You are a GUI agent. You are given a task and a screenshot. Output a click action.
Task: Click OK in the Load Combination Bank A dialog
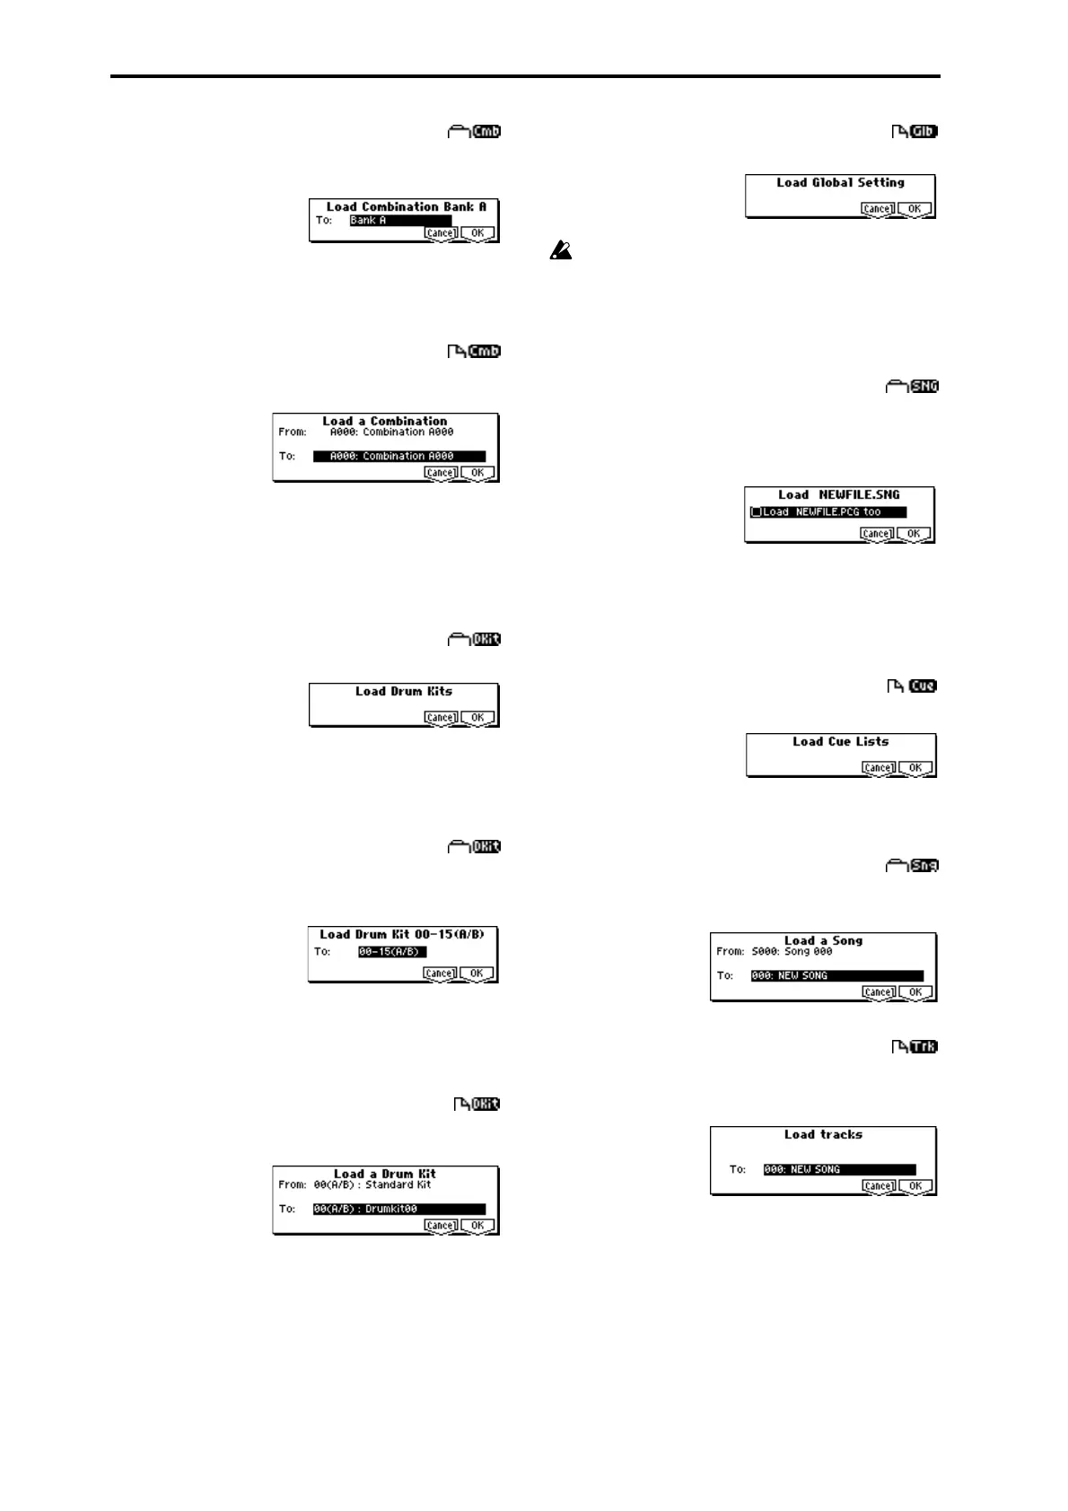coord(477,233)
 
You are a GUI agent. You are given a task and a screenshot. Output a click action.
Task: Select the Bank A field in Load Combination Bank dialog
coord(400,221)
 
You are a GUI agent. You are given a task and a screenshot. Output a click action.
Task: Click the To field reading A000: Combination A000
coord(399,457)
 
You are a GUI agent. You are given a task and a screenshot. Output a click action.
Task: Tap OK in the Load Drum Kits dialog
coord(477,718)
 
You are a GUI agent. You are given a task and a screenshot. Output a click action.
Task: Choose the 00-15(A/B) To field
coord(392,952)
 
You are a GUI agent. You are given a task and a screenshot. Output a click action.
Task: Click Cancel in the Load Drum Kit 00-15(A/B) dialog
coord(440,974)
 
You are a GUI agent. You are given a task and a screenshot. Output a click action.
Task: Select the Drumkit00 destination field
coord(399,1210)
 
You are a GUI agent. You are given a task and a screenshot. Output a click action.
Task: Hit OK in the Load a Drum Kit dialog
coord(477,1226)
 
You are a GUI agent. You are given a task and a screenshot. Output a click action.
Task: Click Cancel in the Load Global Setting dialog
coord(877,209)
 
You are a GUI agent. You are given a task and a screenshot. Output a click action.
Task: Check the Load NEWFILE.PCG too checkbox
coord(756,512)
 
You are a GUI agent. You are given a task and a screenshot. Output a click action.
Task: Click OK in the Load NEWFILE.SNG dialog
coord(914,534)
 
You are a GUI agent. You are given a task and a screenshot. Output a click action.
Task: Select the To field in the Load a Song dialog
coord(836,976)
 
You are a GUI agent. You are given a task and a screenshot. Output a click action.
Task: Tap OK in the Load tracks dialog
coord(915,1186)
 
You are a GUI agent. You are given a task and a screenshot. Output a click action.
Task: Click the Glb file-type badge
coord(923,133)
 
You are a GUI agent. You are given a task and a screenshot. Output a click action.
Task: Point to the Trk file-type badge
coord(924,1047)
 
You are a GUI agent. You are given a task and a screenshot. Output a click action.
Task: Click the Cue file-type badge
coord(923,686)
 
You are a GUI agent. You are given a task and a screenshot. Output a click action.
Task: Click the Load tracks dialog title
coord(823,1135)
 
